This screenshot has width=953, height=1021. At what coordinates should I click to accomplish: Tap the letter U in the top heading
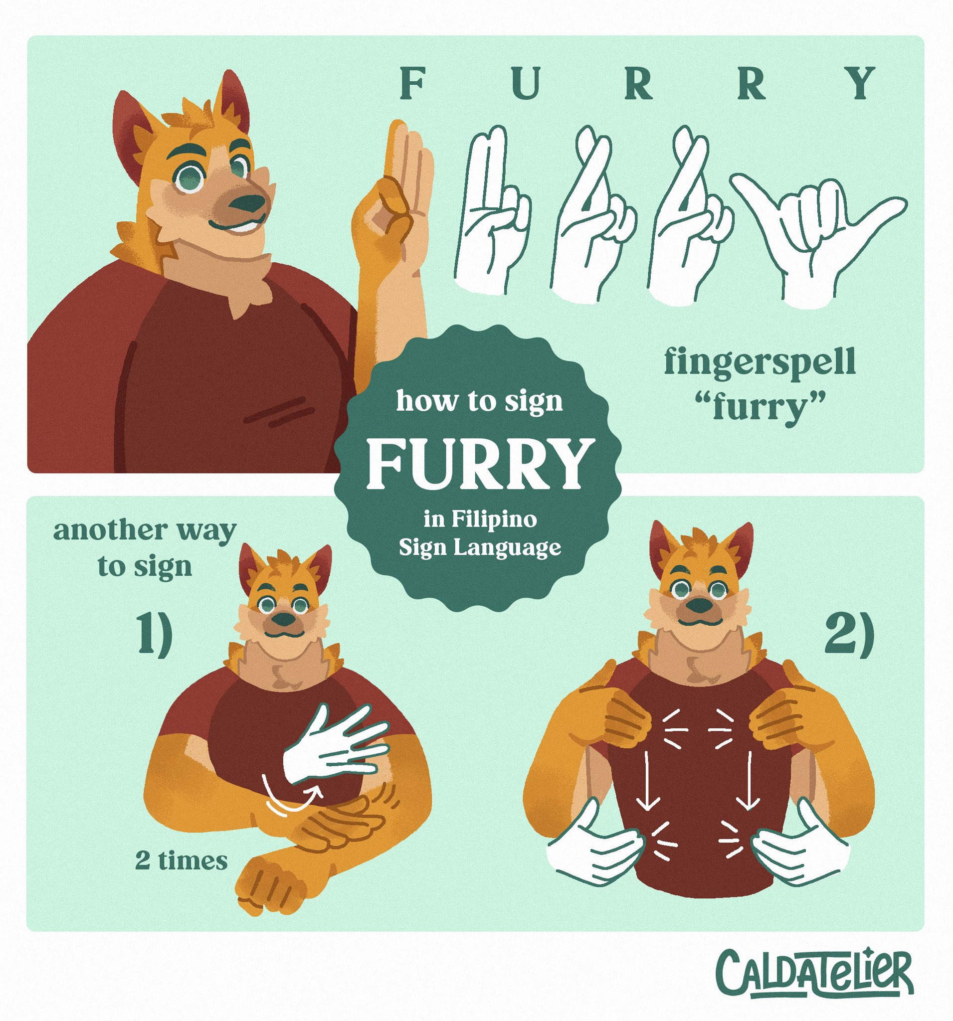[x=522, y=85]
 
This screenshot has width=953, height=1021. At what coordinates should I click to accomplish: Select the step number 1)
[x=152, y=639]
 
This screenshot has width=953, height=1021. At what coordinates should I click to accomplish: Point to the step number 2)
[x=848, y=639]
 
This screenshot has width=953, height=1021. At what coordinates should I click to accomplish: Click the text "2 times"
[x=181, y=861]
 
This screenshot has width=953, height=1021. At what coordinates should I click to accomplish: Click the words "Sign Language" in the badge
[x=480, y=548]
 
